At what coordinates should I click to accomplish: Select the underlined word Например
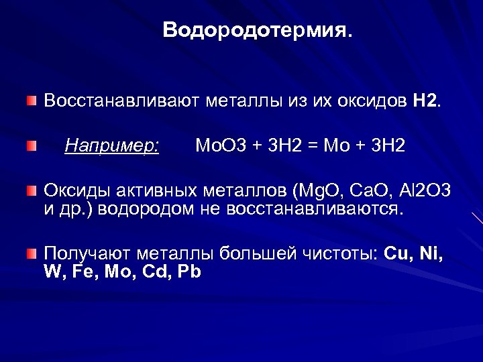(x=112, y=145)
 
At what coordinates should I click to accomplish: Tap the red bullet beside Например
(x=32, y=145)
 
